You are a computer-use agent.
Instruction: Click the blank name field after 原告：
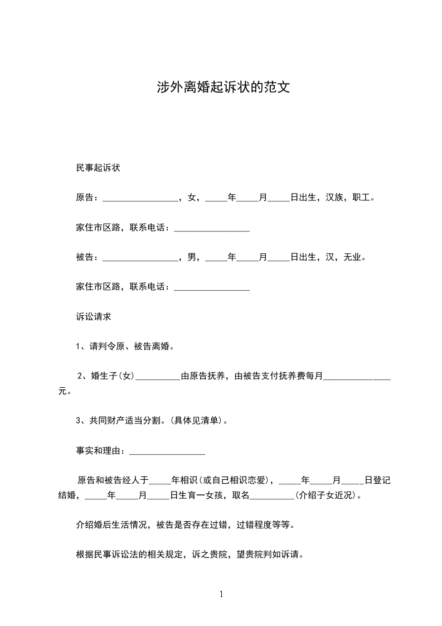point(140,198)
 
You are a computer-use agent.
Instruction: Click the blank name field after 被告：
point(140,258)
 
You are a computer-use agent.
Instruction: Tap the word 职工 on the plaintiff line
point(362,198)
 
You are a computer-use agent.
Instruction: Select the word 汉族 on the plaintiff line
point(335,198)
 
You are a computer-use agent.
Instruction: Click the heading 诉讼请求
point(94,316)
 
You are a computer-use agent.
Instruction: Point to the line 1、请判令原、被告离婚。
point(125,346)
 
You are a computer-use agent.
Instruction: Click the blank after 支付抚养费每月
point(357,377)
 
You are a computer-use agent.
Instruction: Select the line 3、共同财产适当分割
point(152,421)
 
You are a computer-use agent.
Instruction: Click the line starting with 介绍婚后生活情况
point(184,525)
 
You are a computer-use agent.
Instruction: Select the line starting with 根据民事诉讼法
point(189,555)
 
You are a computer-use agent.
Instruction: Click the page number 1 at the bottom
point(221,594)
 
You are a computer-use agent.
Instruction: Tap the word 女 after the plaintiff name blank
point(192,198)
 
